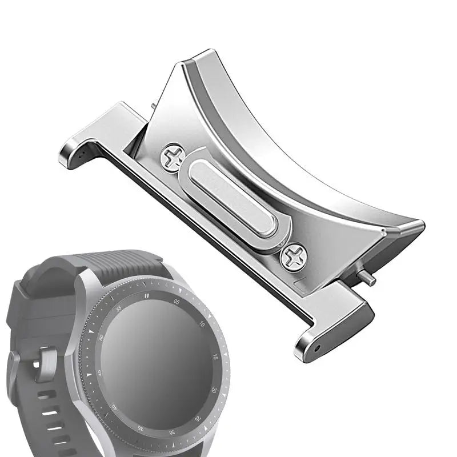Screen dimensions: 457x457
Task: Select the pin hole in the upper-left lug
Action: coord(84,154)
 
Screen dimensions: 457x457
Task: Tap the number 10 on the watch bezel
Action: coord(202,323)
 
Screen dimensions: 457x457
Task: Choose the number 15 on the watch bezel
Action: coord(215,356)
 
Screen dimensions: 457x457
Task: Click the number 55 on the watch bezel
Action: coord(119,308)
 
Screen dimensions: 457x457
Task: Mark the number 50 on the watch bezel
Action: coord(101,338)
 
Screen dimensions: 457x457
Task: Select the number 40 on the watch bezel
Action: coord(114,407)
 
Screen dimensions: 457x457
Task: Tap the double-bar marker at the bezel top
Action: coord(147,295)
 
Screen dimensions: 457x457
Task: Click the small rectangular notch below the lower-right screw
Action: coord(302,281)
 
